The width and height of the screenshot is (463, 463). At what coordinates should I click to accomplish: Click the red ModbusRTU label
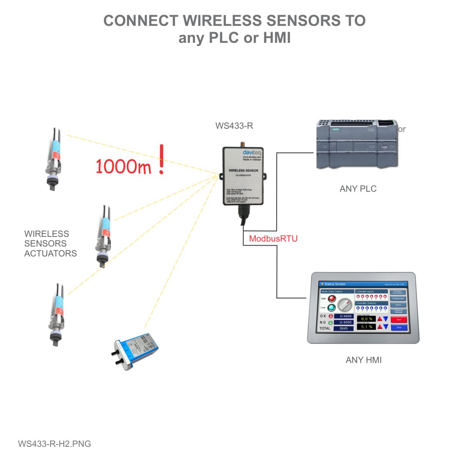coord(273,238)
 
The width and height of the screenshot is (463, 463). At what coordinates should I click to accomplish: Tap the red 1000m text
coord(123,166)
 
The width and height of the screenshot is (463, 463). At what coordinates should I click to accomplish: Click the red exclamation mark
coord(161,159)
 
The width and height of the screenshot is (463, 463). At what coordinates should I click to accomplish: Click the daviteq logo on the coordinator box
coord(252,153)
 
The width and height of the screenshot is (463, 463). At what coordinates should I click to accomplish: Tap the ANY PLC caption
coord(358,189)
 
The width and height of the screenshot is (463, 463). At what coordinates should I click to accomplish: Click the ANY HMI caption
coord(363,360)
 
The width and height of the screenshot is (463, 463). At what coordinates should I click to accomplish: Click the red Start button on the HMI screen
coord(399,319)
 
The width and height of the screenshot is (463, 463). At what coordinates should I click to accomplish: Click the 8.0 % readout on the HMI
coord(366,319)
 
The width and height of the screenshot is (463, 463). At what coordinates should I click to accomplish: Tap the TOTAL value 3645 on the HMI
coord(343,328)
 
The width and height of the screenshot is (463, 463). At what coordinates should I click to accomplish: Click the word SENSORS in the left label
coord(45,243)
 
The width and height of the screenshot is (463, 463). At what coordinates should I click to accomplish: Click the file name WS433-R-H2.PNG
coord(54,444)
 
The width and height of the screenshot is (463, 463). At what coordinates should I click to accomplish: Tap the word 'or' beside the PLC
coord(402,129)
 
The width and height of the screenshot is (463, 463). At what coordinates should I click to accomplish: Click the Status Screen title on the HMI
coord(335,284)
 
